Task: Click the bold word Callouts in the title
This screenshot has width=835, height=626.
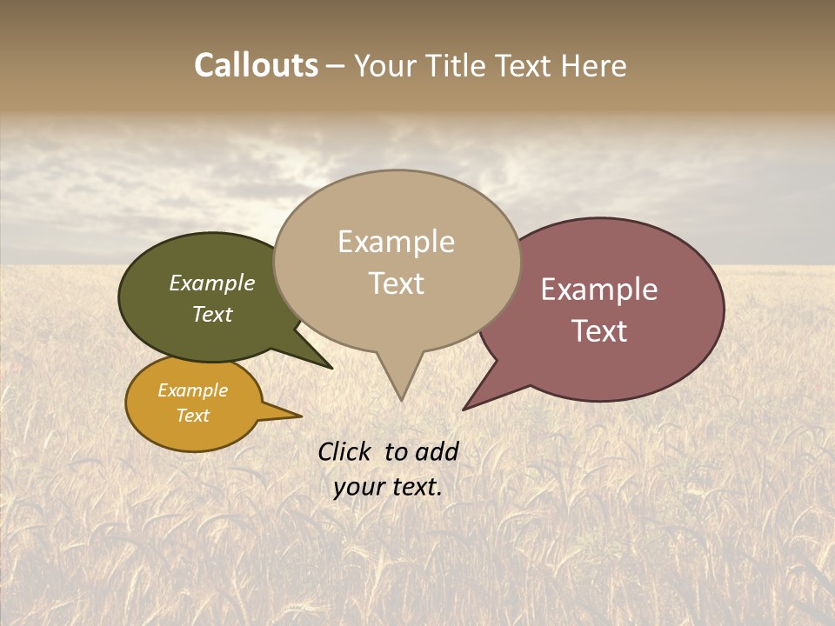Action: (x=256, y=66)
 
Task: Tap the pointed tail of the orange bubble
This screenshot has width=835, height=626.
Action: (x=296, y=416)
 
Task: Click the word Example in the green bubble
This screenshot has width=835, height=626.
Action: (x=212, y=283)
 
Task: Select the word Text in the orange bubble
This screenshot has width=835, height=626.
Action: (x=193, y=416)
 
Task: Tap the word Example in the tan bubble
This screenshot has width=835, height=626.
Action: (x=396, y=242)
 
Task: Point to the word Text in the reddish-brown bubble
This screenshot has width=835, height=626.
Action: (x=599, y=331)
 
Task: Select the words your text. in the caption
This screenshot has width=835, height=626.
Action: (x=388, y=487)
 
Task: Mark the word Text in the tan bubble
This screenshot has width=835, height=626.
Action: (x=397, y=283)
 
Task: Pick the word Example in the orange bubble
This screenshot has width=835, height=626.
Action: (x=193, y=391)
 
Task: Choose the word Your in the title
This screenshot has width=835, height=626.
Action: (x=386, y=66)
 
